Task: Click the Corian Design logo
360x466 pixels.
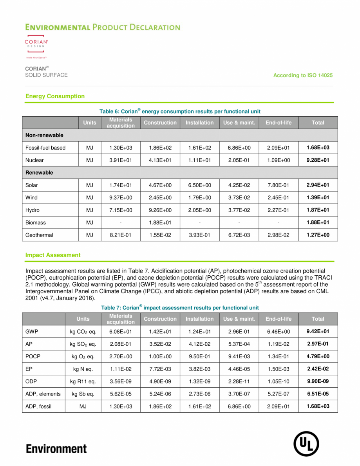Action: pyautogui.click(x=36, y=46)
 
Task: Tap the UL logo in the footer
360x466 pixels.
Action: pyautogui.click(x=306, y=444)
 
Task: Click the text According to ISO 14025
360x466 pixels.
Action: pyautogui.click(x=303, y=75)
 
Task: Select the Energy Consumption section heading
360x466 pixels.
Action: pyautogui.click(x=55, y=96)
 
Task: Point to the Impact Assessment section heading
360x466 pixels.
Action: pyautogui.click(x=53, y=255)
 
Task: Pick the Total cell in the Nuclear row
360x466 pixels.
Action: pyautogui.click(x=317, y=160)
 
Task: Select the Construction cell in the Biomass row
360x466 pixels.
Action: pyautogui.click(x=160, y=223)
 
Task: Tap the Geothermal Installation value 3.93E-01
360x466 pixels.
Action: pyautogui.click(x=199, y=235)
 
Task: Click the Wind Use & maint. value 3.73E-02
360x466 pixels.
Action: pyautogui.click(x=239, y=198)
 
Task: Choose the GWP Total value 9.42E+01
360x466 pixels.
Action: pyautogui.click(x=317, y=332)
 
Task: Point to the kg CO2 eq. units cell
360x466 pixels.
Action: pyautogui.click(x=83, y=332)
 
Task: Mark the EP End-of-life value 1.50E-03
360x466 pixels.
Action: pyautogui.click(x=278, y=369)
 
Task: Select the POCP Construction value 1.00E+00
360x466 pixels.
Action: pyautogui.click(x=160, y=357)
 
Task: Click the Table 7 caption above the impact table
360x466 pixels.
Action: pyautogui.click(x=180, y=308)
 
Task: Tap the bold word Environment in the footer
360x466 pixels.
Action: pyautogui.click(x=56, y=449)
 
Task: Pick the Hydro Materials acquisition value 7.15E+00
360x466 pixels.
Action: pyautogui.click(x=121, y=210)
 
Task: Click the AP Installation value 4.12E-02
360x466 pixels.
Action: pyautogui.click(x=199, y=344)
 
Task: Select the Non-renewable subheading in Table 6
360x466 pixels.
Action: pyautogui.click(x=44, y=135)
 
